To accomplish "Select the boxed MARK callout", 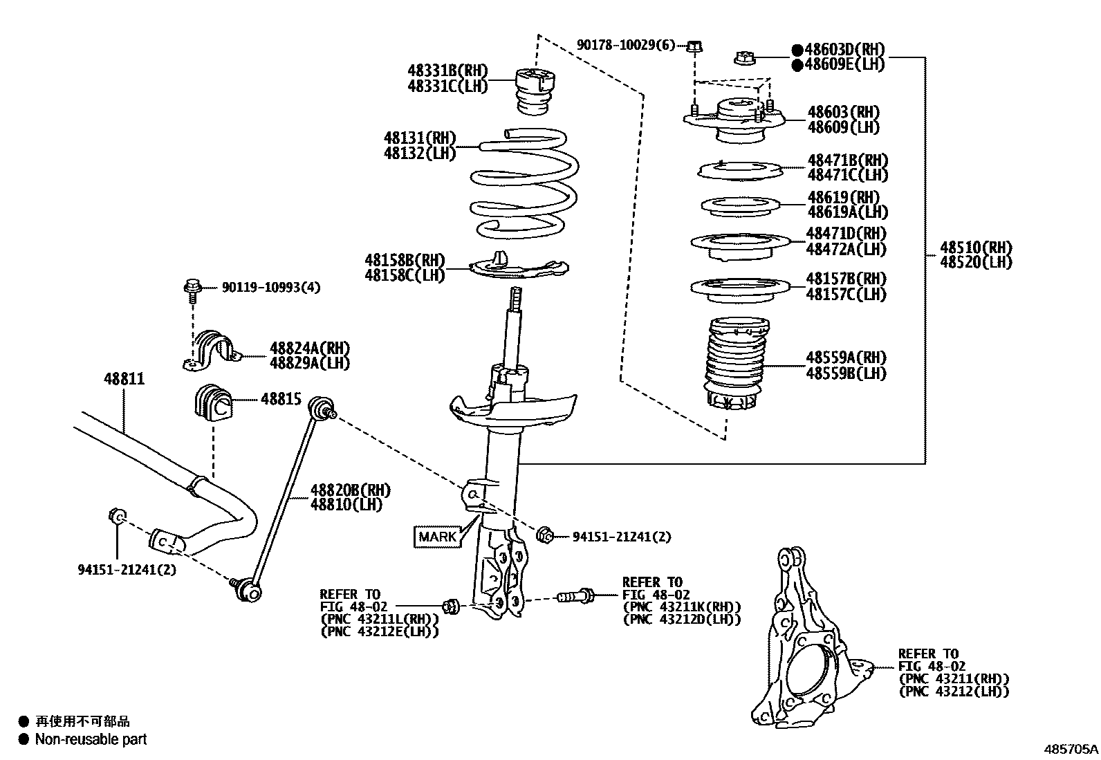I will click(x=438, y=536).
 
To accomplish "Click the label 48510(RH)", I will click(x=975, y=248).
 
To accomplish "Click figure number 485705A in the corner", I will click(x=1071, y=748).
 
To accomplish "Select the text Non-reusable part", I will click(x=91, y=739).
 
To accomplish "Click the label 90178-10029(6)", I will click(x=625, y=45).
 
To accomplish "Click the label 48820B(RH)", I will click(x=350, y=490).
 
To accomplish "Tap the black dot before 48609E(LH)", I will click(x=797, y=65).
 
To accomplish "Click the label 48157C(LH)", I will click(x=846, y=295).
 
